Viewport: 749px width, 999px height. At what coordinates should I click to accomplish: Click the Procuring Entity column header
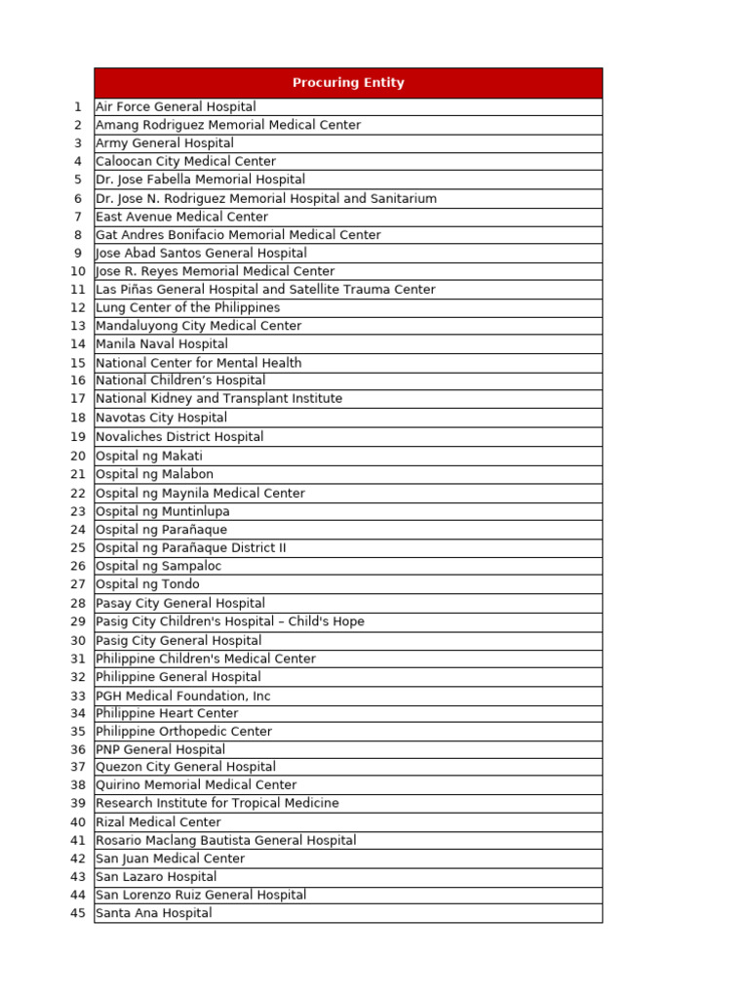tap(348, 83)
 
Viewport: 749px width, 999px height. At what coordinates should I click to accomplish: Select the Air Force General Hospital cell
tap(176, 106)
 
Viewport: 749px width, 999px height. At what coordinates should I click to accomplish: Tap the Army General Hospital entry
tap(165, 143)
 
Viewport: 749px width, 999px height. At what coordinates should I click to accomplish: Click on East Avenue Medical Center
tap(181, 217)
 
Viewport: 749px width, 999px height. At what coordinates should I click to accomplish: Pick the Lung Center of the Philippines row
tap(187, 307)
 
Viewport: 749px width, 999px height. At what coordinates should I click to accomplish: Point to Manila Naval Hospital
tap(162, 344)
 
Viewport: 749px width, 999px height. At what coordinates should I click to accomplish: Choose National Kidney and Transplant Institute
tap(218, 399)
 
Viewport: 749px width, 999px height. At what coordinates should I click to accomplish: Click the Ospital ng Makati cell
tap(149, 456)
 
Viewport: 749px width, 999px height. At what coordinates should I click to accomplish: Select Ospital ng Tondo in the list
tap(147, 584)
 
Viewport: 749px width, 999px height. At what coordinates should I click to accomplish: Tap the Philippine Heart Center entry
tap(167, 713)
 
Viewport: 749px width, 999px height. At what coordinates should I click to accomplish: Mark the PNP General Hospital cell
tap(160, 749)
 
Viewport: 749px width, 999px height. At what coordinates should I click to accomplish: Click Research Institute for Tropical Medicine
tap(217, 803)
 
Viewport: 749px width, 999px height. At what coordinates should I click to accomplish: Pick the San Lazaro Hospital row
tap(156, 877)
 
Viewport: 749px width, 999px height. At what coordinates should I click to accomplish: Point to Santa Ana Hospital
tap(153, 913)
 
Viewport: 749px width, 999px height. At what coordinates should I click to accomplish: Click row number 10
tap(78, 271)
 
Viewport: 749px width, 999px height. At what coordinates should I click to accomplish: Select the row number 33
tap(78, 696)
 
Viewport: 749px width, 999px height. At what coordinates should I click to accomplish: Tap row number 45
tap(78, 913)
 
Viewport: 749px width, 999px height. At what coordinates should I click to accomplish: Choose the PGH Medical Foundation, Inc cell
tap(183, 696)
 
